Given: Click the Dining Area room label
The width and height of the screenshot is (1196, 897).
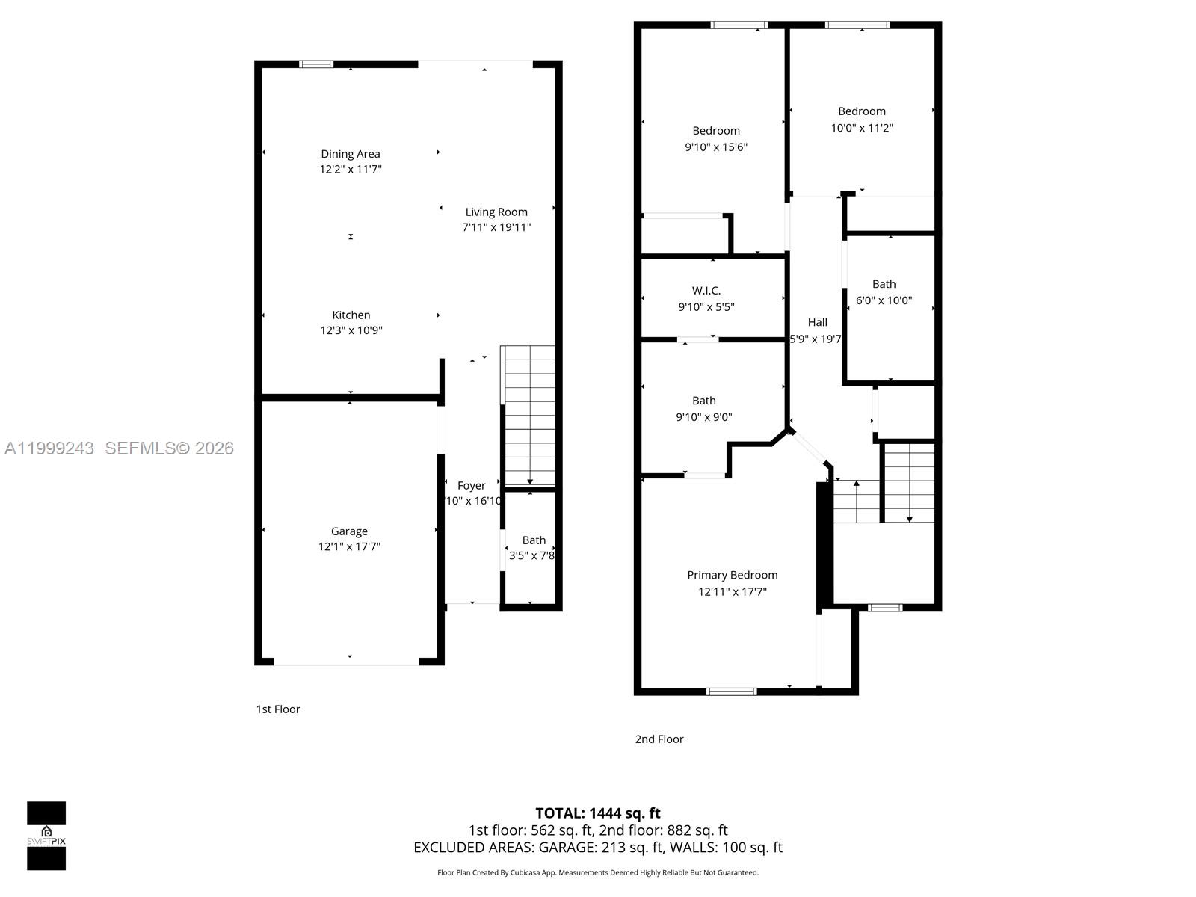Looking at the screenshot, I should (x=351, y=154).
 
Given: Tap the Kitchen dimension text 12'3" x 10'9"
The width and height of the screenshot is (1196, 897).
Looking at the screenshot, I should (x=351, y=330).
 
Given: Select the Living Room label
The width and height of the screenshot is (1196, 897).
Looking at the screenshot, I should (x=496, y=212).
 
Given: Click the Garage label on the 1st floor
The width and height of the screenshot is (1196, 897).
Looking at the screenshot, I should (x=349, y=531).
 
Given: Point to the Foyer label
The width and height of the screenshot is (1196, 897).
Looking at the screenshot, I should (x=472, y=486).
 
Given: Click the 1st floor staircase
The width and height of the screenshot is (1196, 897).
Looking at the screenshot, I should (x=529, y=416).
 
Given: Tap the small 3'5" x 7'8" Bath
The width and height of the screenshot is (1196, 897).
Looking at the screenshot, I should (x=532, y=548).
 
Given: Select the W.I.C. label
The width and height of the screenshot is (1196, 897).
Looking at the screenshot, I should (x=706, y=291).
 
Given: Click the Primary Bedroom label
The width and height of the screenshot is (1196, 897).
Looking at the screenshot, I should (x=733, y=575).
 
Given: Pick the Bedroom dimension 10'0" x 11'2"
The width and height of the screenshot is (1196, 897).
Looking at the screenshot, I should (x=862, y=128).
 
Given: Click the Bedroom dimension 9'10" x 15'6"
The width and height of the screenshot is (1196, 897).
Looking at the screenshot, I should (x=716, y=147).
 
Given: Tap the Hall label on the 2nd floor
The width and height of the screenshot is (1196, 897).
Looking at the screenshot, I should (x=817, y=322).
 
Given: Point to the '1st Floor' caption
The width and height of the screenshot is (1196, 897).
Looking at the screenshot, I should (x=278, y=709).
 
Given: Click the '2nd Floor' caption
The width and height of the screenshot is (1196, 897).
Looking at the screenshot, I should (x=659, y=739).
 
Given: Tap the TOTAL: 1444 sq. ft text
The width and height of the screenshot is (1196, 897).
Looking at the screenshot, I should (x=598, y=813).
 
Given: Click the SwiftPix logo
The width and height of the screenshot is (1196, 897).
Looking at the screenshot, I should (x=46, y=836).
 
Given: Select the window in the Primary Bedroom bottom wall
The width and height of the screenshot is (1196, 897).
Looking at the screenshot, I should (x=731, y=691).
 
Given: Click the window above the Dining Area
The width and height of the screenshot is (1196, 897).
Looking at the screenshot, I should (x=316, y=64).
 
